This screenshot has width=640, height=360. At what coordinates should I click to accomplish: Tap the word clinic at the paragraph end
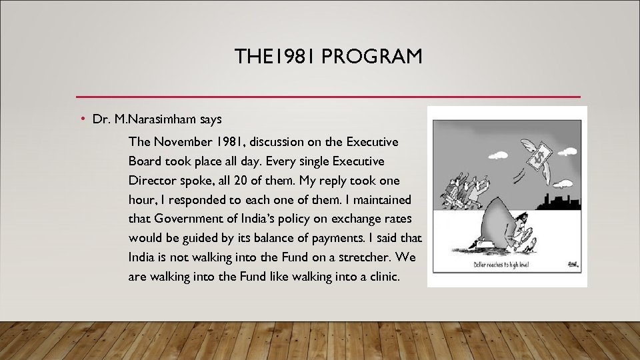pyautogui.click(x=382, y=276)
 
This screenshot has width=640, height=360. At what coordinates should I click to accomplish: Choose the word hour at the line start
pyautogui.click(x=142, y=199)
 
